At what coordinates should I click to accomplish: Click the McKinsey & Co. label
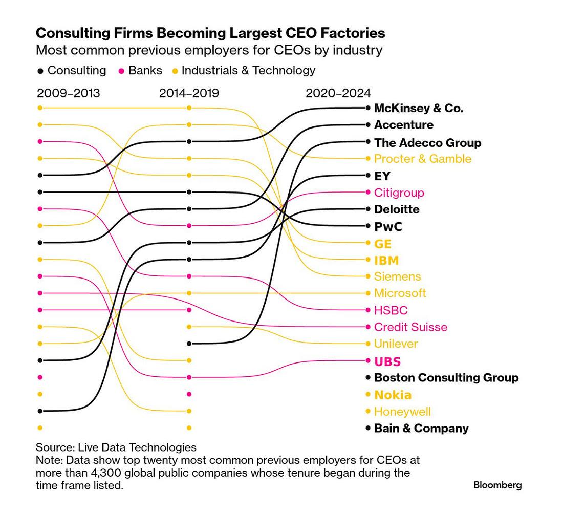[419, 108]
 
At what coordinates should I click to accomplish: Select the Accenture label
[403, 125]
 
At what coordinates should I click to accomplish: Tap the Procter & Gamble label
[422, 159]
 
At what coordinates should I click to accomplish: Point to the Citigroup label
[399, 193]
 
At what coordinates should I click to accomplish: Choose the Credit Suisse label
[410, 327]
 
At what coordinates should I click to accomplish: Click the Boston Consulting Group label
[446, 378]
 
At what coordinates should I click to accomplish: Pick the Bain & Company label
[421, 428]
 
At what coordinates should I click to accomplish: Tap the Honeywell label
[402, 412]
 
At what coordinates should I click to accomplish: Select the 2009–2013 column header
[69, 93]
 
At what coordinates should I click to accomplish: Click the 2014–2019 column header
[189, 93]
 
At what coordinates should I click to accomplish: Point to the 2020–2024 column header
[338, 93]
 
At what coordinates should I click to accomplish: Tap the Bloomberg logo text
[497, 485]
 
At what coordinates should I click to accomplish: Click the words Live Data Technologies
[137, 447]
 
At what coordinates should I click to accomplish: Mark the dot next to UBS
[368, 361]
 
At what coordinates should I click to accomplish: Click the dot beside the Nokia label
[368, 395]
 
